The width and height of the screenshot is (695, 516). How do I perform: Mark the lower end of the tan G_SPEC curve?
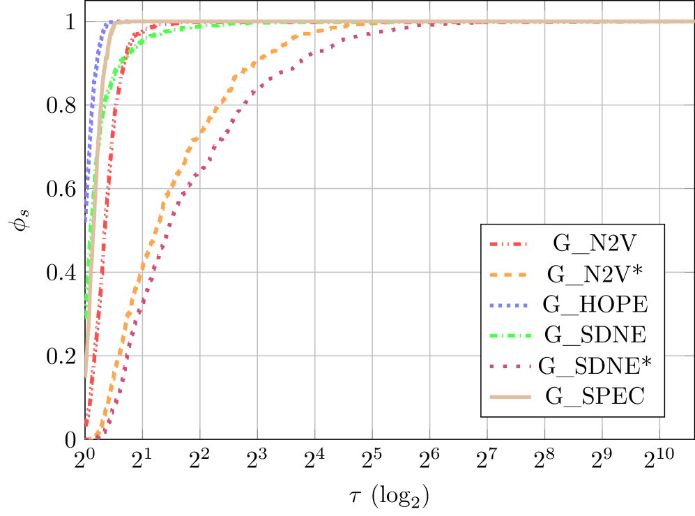point(86,376)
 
